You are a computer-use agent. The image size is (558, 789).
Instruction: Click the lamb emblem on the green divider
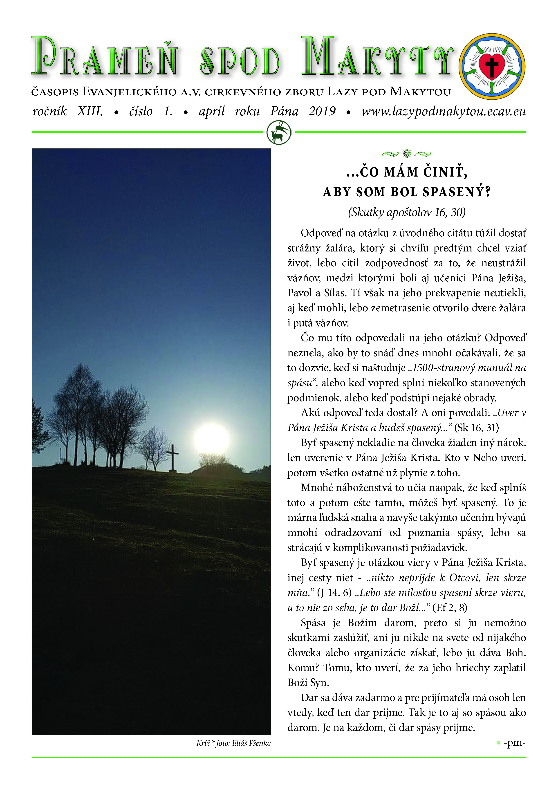coord(279,133)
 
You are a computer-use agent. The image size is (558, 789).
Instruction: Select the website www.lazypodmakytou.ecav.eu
coord(443,111)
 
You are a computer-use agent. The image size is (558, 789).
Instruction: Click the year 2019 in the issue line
coord(322,111)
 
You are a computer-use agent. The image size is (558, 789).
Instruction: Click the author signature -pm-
coord(514,743)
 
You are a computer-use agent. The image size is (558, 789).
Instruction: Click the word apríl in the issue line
coord(212,111)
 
